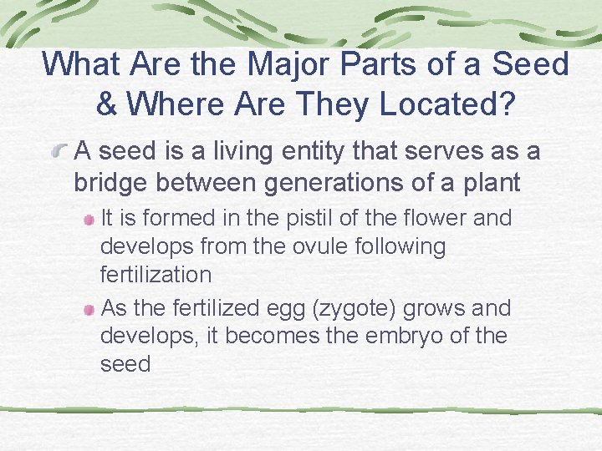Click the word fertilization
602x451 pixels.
156,274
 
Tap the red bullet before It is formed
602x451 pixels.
89,220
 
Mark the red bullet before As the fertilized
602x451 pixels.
89,309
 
